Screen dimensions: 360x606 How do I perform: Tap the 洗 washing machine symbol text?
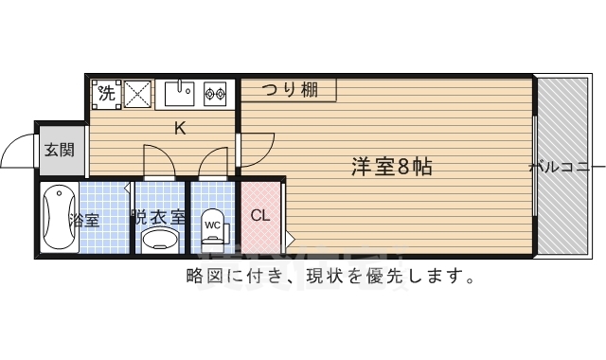pyautogui.click(x=106, y=94)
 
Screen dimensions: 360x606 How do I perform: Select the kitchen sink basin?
pyautogui.click(x=178, y=94)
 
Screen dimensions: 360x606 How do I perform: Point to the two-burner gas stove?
pyautogui.click(x=215, y=94)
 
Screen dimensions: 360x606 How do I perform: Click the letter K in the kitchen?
pyautogui.click(x=179, y=128)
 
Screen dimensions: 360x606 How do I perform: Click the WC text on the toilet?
pyautogui.click(x=212, y=225)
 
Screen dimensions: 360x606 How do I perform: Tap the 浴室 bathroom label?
pyautogui.click(x=84, y=221)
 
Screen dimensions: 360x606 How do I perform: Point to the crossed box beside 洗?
pyautogui.click(x=137, y=94)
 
